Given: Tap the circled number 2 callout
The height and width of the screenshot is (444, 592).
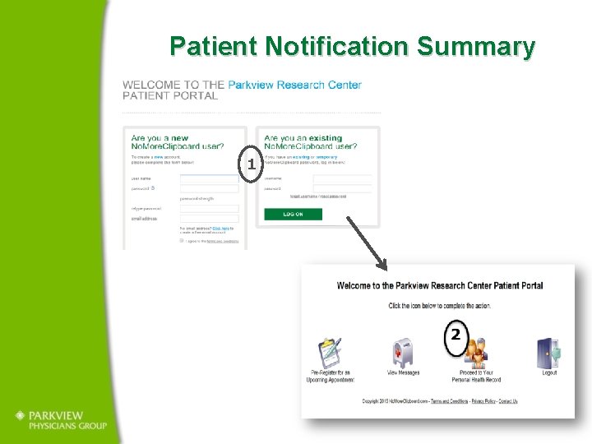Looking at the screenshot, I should [x=456, y=335].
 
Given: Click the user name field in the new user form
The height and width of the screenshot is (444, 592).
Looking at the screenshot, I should [x=210, y=178].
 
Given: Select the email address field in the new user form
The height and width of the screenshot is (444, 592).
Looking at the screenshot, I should [x=210, y=219].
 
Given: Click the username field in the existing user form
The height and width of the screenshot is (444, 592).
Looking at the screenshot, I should [x=342, y=178].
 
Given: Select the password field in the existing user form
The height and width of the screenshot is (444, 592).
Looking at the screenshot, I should [x=342, y=189].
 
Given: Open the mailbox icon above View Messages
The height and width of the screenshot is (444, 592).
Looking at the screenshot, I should [x=403, y=352].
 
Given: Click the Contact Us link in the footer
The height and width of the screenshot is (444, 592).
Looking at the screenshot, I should [x=508, y=401].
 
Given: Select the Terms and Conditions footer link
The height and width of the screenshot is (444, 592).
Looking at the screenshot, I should [x=450, y=401].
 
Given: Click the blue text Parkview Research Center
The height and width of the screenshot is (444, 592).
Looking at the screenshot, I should [x=294, y=85].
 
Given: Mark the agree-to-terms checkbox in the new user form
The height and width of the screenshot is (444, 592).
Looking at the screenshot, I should [x=181, y=241].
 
